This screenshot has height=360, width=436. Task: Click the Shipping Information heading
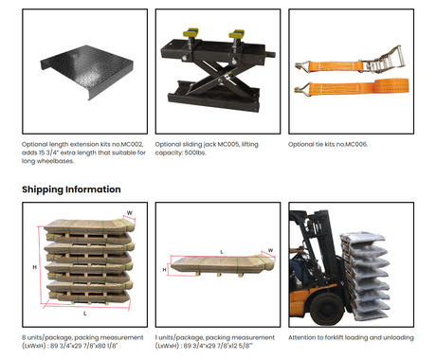pos(71,189)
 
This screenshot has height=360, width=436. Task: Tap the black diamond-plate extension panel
pos(87,71)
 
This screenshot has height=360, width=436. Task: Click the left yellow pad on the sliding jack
pos(191,32)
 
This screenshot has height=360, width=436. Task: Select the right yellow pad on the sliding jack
pos(237,33)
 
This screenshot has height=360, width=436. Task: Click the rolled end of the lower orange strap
pos(391,86)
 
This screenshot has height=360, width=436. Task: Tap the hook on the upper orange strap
pos(302,66)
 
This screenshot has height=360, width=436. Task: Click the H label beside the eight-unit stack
pos(35,267)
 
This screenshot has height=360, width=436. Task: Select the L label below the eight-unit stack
pos(85,314)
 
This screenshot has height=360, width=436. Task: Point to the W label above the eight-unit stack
pos(130,213)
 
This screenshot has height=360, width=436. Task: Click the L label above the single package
pos(222,252)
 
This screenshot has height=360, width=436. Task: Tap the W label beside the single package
pos(270,250)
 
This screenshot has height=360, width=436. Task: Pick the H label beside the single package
pos(164,270)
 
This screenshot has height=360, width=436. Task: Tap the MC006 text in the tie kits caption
pos(356,144)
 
